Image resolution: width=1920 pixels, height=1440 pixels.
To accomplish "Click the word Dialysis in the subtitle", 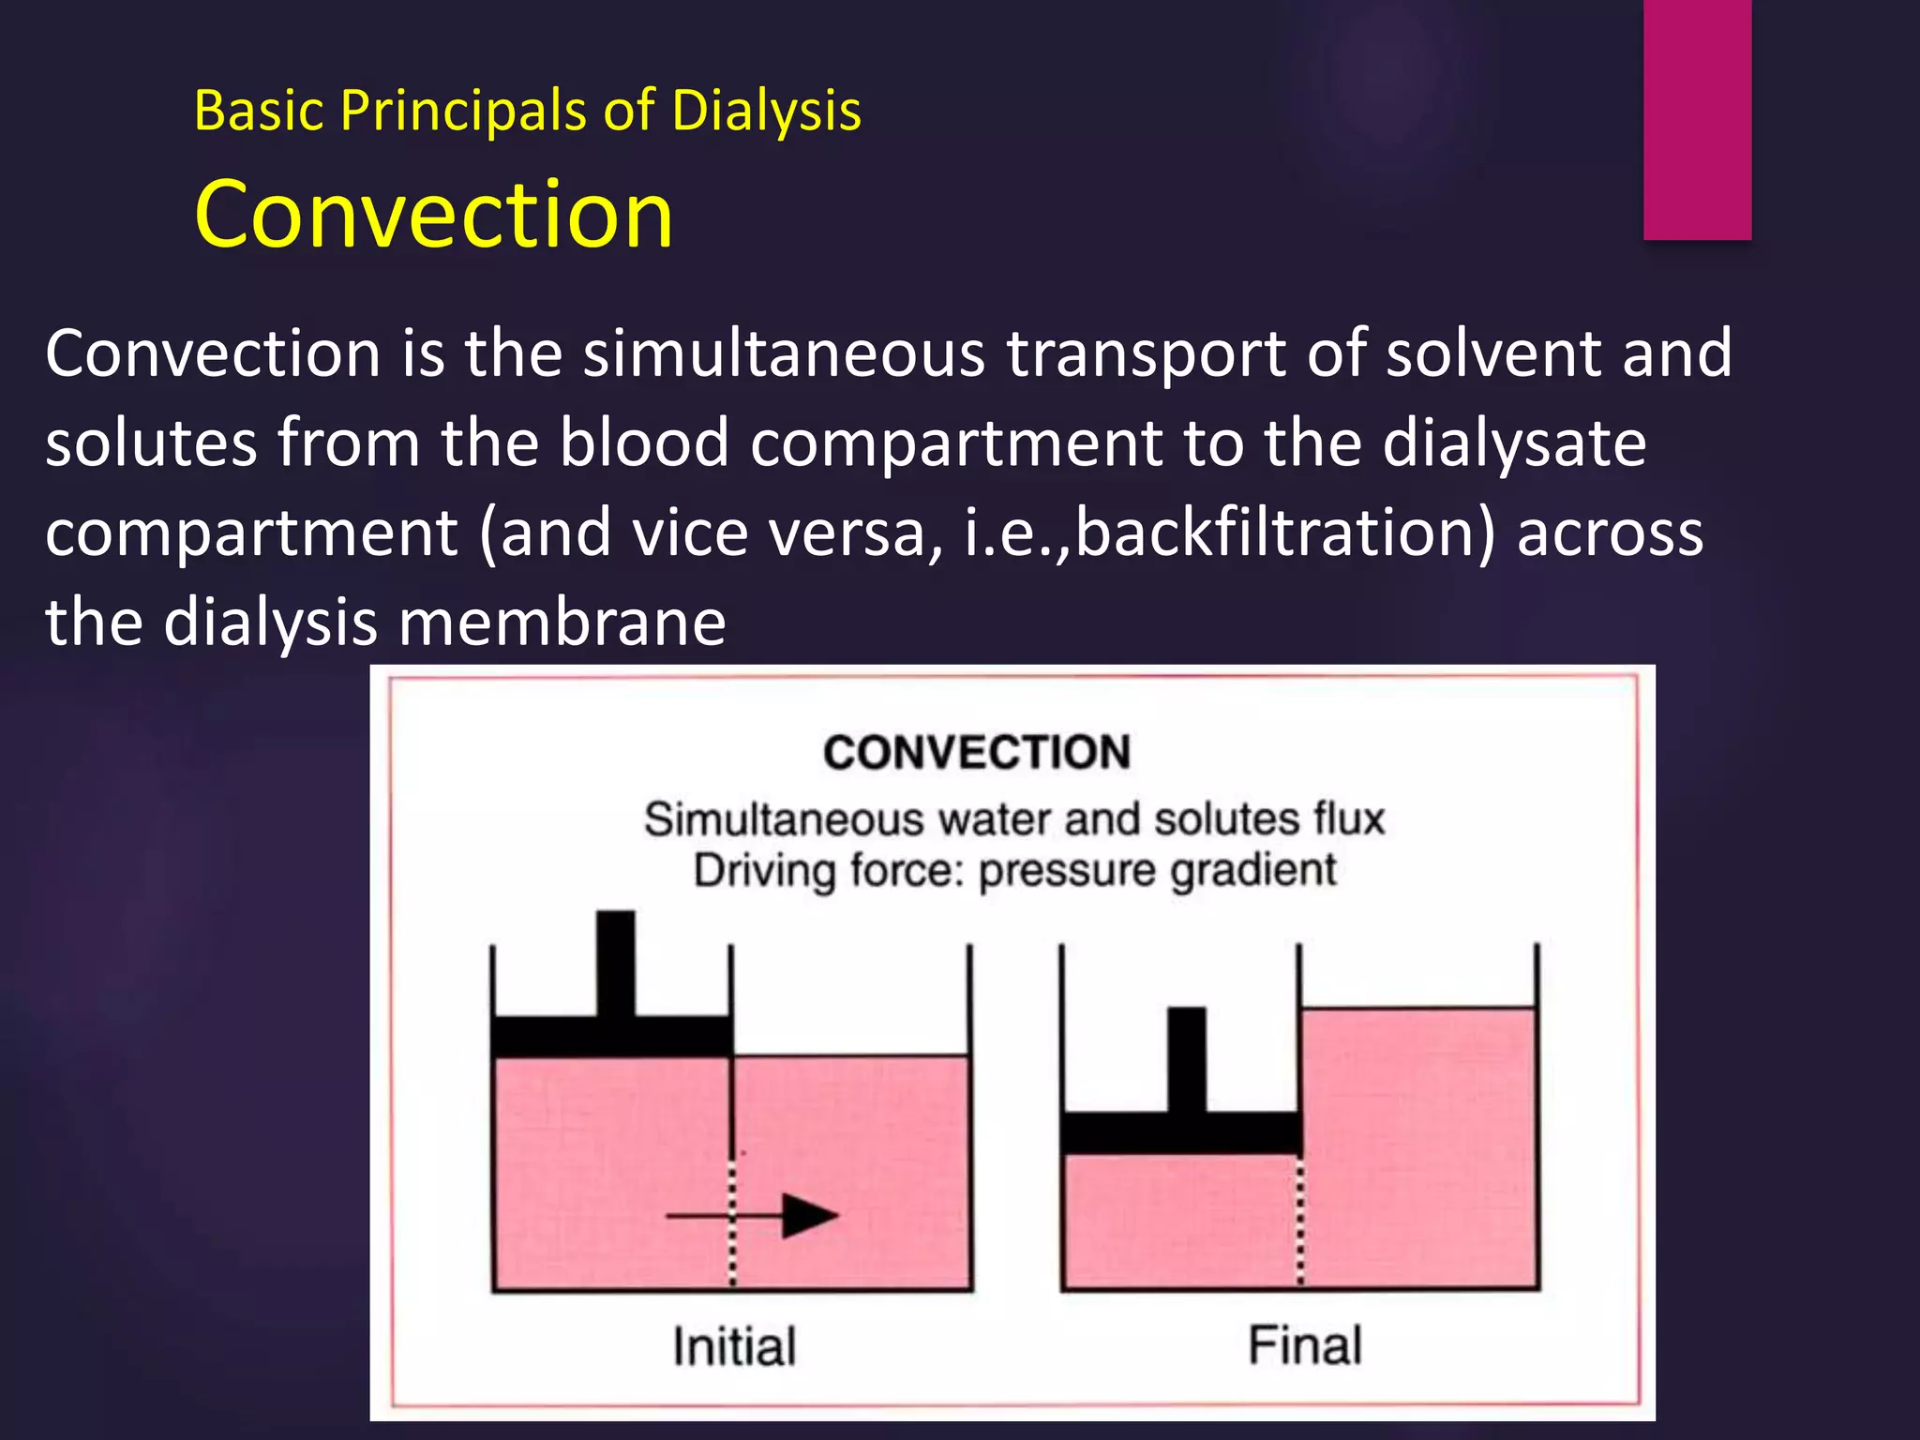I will (766, 111).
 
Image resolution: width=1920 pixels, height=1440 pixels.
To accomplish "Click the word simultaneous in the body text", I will (784, 353).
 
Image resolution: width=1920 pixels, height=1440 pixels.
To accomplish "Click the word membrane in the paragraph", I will (562, 622).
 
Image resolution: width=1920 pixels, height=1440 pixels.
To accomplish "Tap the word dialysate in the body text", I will (1514, 442).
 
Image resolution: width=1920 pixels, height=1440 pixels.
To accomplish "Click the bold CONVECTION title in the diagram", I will (977, 753).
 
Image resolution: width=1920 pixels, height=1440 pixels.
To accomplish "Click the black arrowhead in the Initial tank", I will (808, 1216).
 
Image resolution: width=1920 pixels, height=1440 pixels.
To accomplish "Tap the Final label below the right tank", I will (1304, 1344).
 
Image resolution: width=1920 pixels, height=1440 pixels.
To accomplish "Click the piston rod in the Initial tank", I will (615, 963).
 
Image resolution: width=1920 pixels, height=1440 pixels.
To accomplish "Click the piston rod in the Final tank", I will (1186, 1059).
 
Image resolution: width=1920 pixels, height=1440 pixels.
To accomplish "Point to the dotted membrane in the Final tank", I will (1300, 1223).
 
